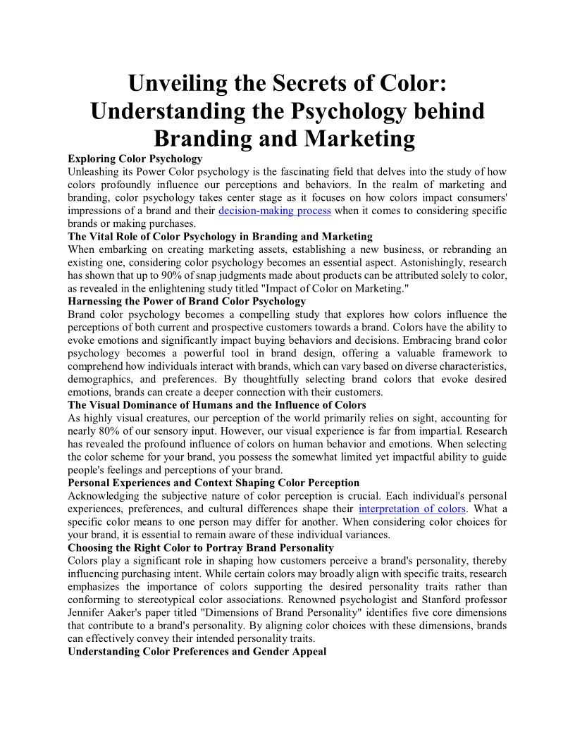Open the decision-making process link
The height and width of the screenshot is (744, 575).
(x=275, y=211)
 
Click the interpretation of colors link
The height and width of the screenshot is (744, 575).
(x=412, y=509)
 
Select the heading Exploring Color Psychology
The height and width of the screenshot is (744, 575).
(x=135, y=159)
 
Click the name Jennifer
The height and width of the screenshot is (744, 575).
(x=89, y=612)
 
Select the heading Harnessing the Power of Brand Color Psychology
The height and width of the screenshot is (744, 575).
(x=187, y=301)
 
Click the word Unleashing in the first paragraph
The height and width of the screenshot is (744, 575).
(x=95, y=171)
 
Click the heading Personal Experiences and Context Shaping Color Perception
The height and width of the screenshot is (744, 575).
(x=214, y=483)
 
